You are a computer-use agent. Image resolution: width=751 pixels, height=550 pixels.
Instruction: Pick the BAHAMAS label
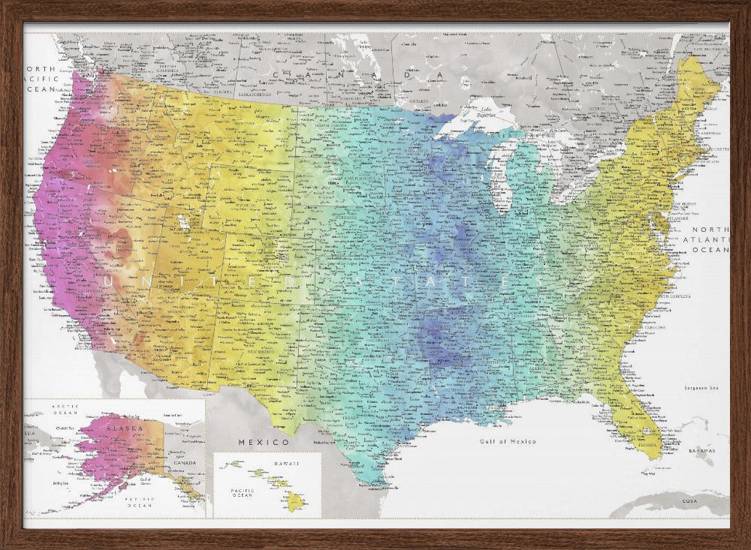click(x=703, y=452)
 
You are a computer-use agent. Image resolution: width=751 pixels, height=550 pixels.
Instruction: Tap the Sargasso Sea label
click(x=702, y=388)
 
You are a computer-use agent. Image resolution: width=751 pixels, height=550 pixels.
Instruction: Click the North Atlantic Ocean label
click(x=710, y=239)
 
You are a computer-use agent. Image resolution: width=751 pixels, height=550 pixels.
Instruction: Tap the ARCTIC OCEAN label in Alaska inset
click(x=65, y=409)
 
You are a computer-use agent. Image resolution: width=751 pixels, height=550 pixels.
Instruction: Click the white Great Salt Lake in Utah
click(x=182, y=222)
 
